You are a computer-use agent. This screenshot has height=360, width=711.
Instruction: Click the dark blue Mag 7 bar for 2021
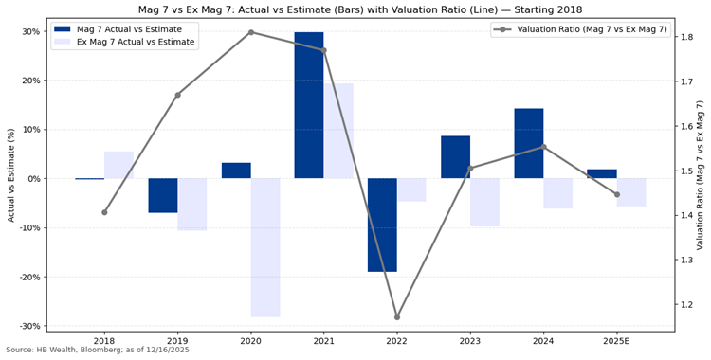pos(309,105)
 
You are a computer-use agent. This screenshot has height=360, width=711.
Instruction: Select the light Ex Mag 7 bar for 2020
pos(265,247)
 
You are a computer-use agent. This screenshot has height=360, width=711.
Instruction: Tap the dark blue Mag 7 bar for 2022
pos(382,225)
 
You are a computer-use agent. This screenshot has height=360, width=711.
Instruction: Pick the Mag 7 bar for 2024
pos(529,143)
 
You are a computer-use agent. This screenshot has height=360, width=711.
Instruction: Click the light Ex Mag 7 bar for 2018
pos(118,165)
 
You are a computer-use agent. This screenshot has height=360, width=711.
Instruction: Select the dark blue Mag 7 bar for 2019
pos(163,195)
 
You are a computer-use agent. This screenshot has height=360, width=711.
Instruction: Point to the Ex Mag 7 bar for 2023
pos(484,202)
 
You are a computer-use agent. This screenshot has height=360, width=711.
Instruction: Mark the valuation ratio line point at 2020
pos(251,32)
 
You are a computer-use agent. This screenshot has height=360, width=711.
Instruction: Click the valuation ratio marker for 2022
pos(397,316)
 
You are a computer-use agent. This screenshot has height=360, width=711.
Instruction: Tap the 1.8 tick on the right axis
pos(686,38)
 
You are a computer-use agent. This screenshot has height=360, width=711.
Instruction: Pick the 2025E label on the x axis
pos(616,340)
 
